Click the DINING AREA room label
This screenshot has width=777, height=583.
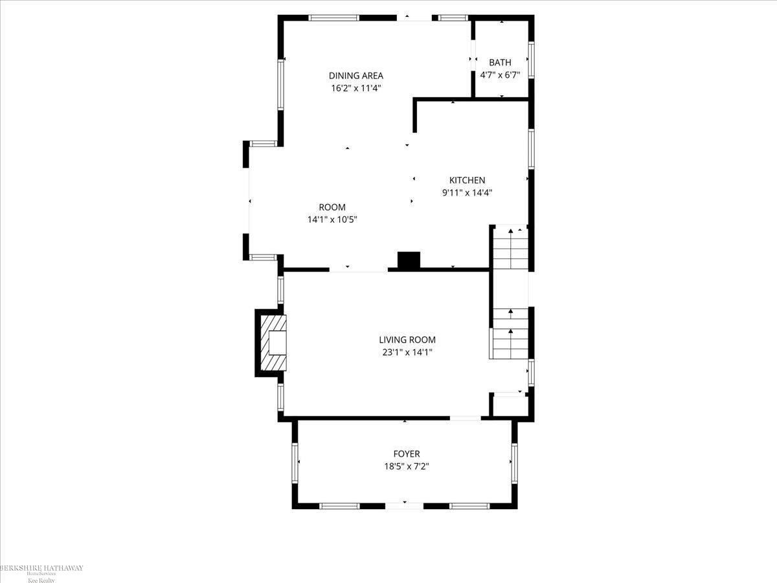coord(355,75)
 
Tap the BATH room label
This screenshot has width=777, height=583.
coord(500,62)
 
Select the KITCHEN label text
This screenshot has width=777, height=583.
coord(467,180)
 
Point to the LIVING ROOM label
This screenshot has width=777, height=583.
coord(407,339)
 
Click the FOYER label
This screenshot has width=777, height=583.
coord(407,453)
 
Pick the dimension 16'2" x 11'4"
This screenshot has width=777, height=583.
coord(355,88)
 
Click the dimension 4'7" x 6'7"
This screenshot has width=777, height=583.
coord(500,75)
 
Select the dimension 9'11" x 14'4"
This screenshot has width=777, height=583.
coord(467,192)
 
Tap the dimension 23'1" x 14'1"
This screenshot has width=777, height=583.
coord(407,352)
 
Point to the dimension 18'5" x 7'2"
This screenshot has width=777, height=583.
coord(407,466)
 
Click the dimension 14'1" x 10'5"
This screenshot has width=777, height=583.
coord(332,220)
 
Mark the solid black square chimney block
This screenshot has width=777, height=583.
coord(409,260)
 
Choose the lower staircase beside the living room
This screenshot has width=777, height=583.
coord(510,333)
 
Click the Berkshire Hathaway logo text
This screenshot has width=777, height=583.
coord(41,568)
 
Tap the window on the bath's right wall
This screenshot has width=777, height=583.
coord(532,60)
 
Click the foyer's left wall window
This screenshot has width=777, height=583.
coord(296,463)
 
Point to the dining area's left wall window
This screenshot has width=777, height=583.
coord(282,85)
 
